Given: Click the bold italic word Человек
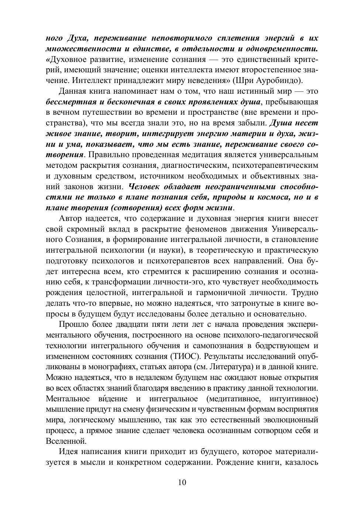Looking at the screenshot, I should (x=147, y=186).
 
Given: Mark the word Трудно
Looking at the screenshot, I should (x=305, y=293).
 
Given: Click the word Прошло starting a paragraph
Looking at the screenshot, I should (x=73, y=325).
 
